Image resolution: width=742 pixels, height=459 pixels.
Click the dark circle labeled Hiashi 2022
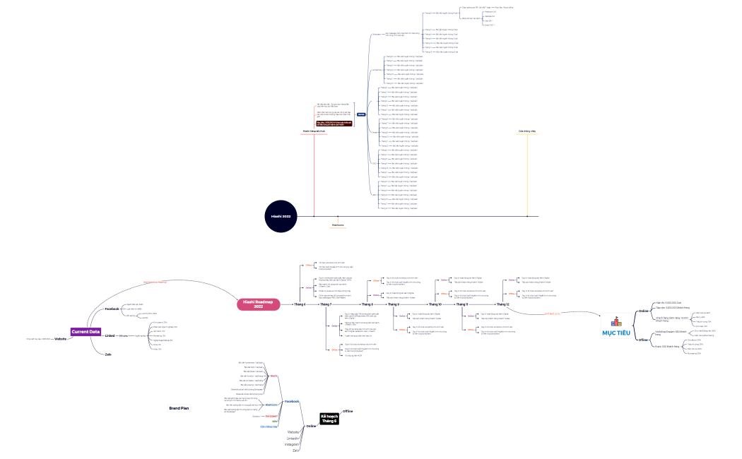click(282, 215)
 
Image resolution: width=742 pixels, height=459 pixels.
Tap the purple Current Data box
click(86, 331)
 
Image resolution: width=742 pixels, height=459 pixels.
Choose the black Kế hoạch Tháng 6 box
click(329, 418)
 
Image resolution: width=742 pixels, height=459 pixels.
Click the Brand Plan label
click(179, 408)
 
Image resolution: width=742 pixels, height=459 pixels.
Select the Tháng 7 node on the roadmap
click(326, 304)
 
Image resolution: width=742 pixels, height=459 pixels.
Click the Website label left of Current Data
click(60, 340)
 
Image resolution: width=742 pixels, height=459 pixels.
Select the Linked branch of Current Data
click(110, 335)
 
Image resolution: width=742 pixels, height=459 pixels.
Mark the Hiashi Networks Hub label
click(313, 131)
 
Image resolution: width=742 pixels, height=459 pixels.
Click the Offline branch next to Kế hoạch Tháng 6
click(348, 410)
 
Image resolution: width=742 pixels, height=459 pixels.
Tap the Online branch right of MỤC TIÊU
click(643, 311)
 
